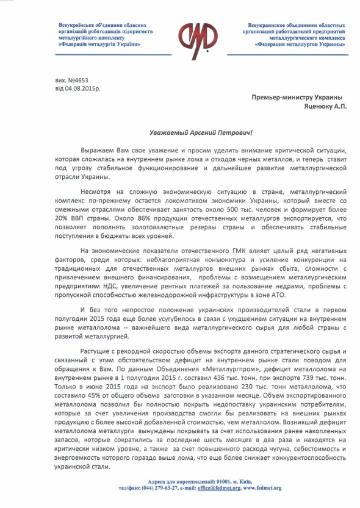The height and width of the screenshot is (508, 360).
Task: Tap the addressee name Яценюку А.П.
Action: [x=315, y=106]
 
